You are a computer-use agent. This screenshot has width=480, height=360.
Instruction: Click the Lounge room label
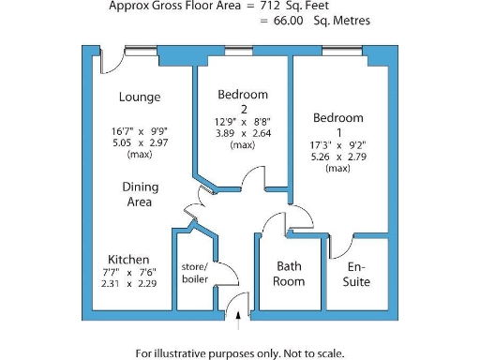pos(139,97)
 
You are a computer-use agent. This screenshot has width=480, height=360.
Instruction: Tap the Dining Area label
pos(138,194)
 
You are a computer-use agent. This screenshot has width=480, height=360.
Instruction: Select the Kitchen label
pos(128,260)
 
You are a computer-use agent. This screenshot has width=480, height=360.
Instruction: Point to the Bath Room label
pos(289,273)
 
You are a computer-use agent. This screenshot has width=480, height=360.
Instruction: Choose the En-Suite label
pos(356,273)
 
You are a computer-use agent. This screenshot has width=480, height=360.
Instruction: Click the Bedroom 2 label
pos(242,101)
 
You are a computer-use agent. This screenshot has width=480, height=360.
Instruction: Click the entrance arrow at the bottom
pos(239,321)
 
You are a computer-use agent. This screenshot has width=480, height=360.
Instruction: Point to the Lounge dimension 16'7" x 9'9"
pos(139,132)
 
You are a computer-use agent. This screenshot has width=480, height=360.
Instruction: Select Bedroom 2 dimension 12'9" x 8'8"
pos(242,121)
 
